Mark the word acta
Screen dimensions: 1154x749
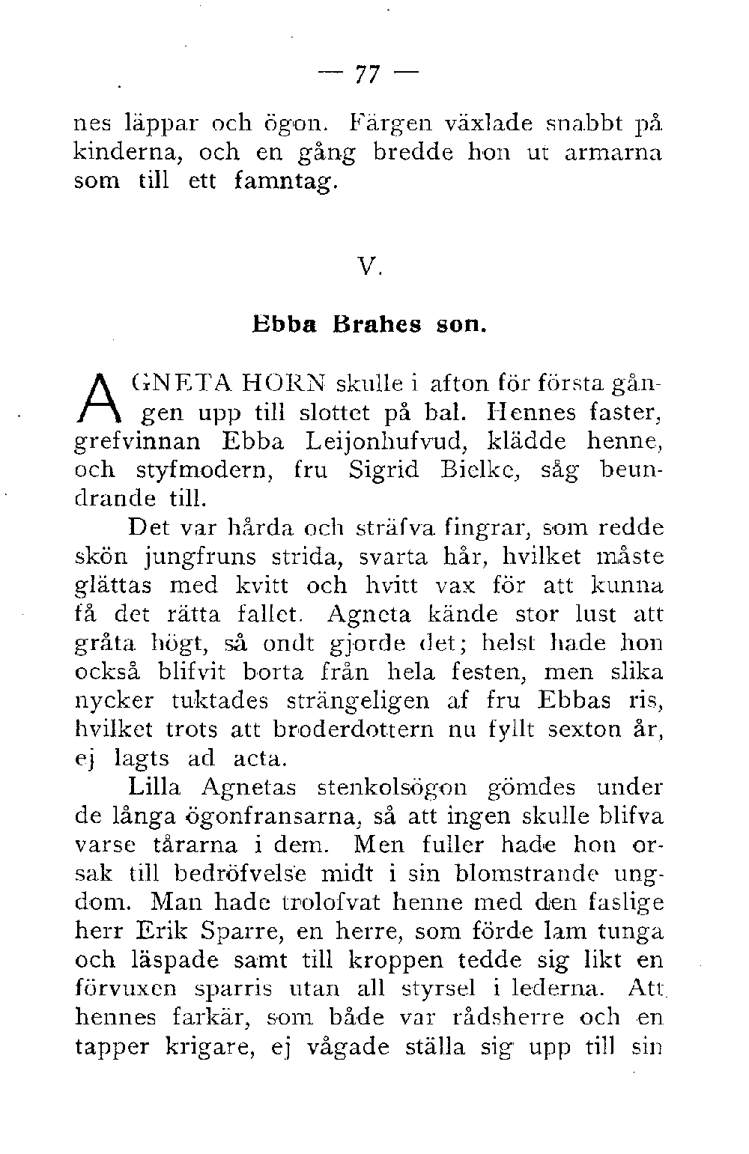pos(259,759)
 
